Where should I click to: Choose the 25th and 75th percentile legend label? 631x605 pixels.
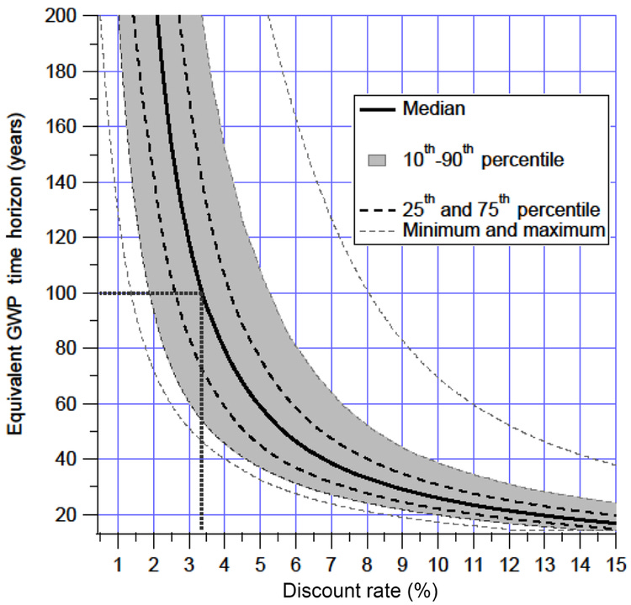[501, 208]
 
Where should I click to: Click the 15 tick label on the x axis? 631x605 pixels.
[614, 560]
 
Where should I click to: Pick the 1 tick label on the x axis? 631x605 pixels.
[118, 560]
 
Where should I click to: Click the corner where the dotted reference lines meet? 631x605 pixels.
[201, 293]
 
